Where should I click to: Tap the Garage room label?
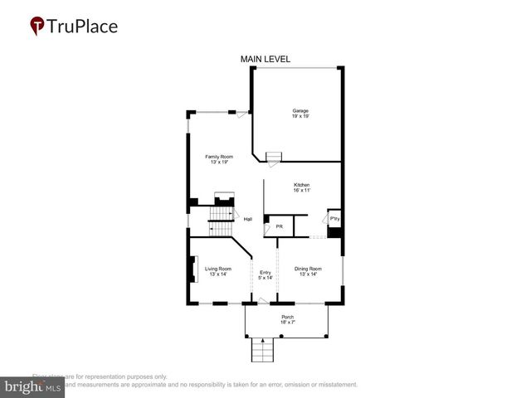click(x=300, y=110)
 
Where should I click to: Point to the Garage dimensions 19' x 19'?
click(x=300, y=117)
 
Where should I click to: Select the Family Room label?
click(x=219, y=156)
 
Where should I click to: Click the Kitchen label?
click(x=301, y=184)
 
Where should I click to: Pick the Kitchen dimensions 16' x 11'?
click(x=301, y=191)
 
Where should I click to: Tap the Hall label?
click(x=247, y=219)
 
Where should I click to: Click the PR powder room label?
click(x=280, y=226)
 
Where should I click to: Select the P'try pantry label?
click(x=334, y=219)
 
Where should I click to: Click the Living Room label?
click(x=218, y=268)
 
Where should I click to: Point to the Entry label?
click(x=265, y=273)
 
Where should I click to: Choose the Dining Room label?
click(x=309, y=268)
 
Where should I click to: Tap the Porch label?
click(x=287, y=317)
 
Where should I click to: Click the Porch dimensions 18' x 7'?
click(x=287, y=323)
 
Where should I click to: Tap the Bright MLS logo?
click(x=32, y=386)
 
